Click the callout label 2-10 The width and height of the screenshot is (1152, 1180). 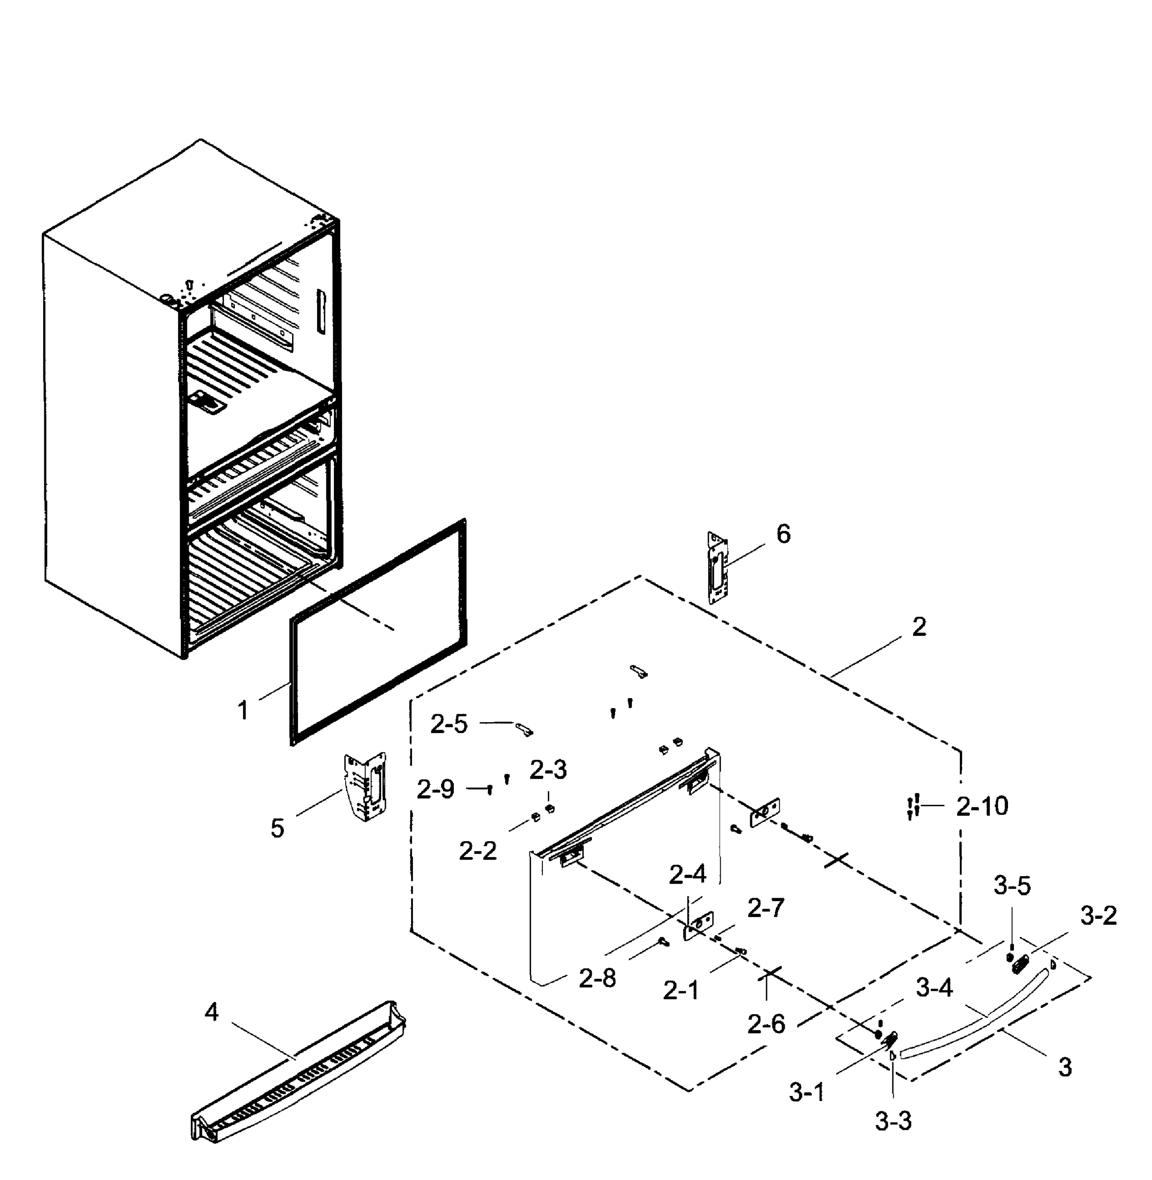tap(982, 807)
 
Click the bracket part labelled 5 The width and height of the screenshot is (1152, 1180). tap(365, 787)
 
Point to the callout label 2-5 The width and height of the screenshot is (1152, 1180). tap(449, 724)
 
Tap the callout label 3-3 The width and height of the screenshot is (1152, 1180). tap(892, 1121)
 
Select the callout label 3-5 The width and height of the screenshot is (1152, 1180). tap(1012, 886)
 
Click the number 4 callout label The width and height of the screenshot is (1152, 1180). tap(210, 1012)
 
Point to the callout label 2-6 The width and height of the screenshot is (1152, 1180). tap(766, 1024)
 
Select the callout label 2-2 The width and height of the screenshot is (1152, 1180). tap(477, 852)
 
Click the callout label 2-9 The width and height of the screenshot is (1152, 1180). tap(435, 790)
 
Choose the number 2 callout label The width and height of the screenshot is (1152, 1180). tap(918, 627)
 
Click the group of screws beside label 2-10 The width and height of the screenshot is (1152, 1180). tap(914, 807)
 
